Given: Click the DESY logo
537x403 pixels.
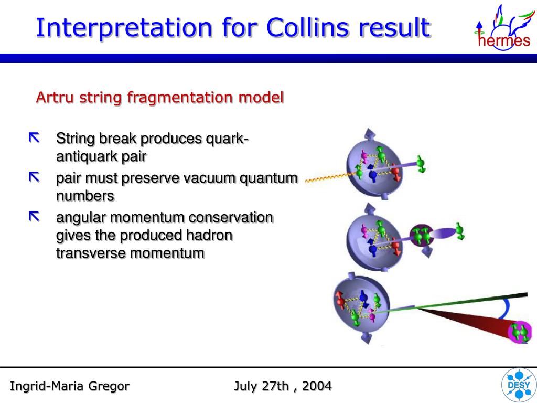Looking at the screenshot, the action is tap(519, 385).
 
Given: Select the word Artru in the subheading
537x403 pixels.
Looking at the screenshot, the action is tap(55, 97).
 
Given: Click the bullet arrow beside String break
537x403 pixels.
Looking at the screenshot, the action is tap(34, 138).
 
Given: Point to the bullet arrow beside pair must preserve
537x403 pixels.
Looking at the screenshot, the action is tap(34, 177).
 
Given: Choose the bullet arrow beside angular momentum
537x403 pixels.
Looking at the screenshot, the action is tap(34, 217).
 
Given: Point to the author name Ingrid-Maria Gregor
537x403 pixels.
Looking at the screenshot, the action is tap(70, 386).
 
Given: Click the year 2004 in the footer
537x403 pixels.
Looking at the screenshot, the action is tap(317, 386).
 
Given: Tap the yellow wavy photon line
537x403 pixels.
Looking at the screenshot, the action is tap(329, 177).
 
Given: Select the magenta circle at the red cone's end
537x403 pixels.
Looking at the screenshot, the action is tap(520, 332).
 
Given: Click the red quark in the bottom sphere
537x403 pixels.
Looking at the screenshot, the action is tap(340, 301).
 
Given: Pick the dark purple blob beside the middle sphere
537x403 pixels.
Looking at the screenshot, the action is tap(421, 235).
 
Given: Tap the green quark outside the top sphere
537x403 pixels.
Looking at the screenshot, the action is tap(421, 164).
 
